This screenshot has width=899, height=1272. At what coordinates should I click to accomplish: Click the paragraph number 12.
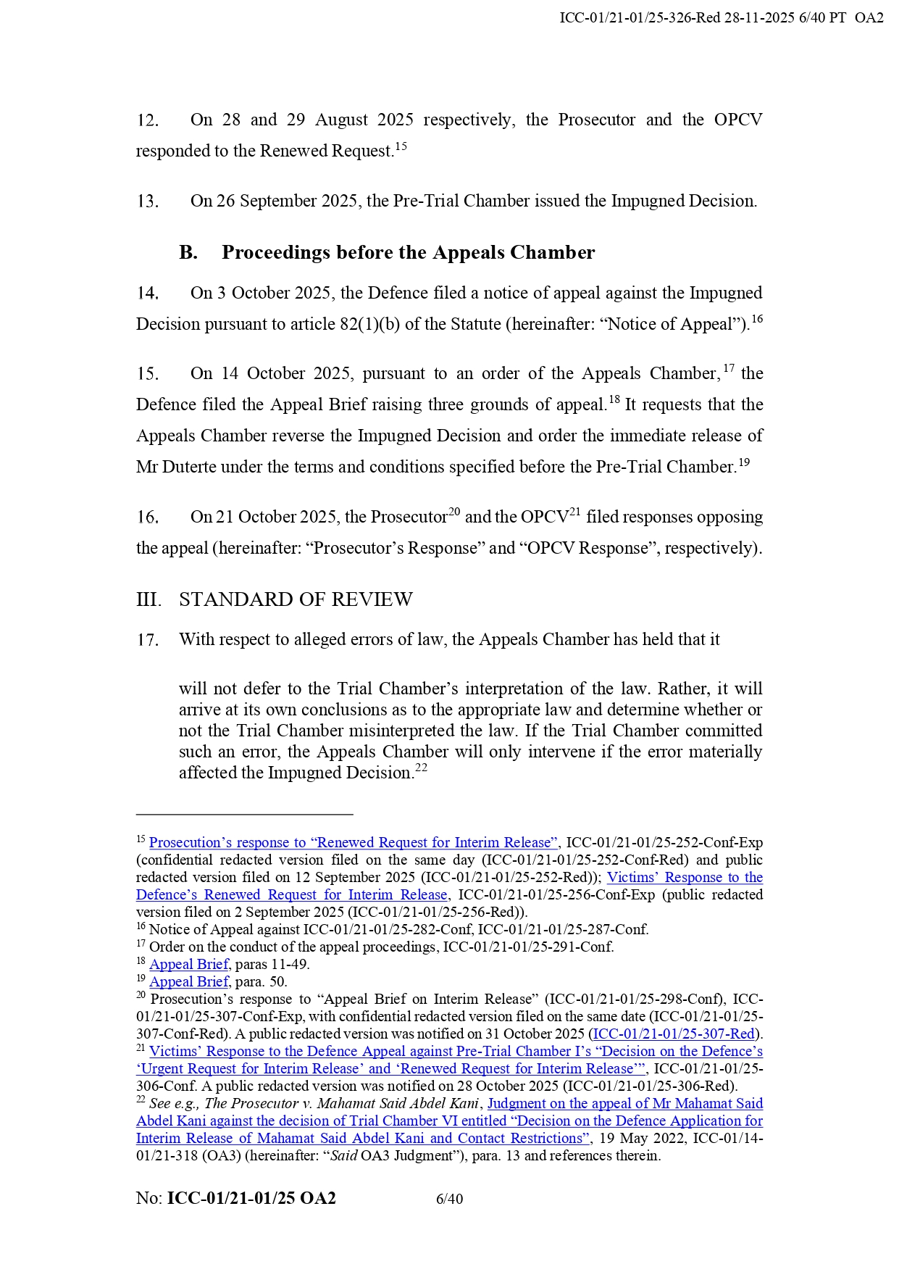pyautogui.click(x=148, y=120)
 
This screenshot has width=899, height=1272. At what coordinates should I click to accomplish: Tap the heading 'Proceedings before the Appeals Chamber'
pyautogui.click(x=408, y=252)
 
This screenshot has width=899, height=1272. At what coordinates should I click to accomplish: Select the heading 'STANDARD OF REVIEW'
pyautogui.click(x=296, y=599)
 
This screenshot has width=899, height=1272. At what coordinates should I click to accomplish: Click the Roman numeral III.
pyautogui.click(x=148, y=599)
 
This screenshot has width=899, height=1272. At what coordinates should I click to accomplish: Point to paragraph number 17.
pyautogui.click(x=148, y=640)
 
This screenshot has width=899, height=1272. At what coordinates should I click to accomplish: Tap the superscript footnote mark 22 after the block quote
pyautogui.click(x=421, y=768)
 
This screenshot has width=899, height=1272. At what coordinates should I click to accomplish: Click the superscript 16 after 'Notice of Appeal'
pyautogui.click(x=757, y=320)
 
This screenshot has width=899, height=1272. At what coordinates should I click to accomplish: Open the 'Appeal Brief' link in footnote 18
pyautogui.click(x=189, y=965)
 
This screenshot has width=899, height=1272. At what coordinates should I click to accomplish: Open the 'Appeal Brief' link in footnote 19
pyautogui.click(x=189, y=982)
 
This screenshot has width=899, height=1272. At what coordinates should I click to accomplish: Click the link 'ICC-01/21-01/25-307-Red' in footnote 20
pyautogui.click(x=674, y=1034)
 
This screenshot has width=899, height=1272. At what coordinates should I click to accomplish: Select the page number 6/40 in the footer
pyautogui.click(x=449, y=1199)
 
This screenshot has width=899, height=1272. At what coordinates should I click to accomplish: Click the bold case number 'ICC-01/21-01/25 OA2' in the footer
pyautogui.click(x=251, y=1198)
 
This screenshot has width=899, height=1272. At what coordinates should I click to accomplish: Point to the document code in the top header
pyautogui.click(x=721, y=18)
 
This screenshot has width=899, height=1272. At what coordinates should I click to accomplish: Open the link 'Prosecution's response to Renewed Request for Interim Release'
pyautogui.click(x=354, y=843)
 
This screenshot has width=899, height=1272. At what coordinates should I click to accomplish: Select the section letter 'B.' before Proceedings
pyautogui.click(x=188, y=252)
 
